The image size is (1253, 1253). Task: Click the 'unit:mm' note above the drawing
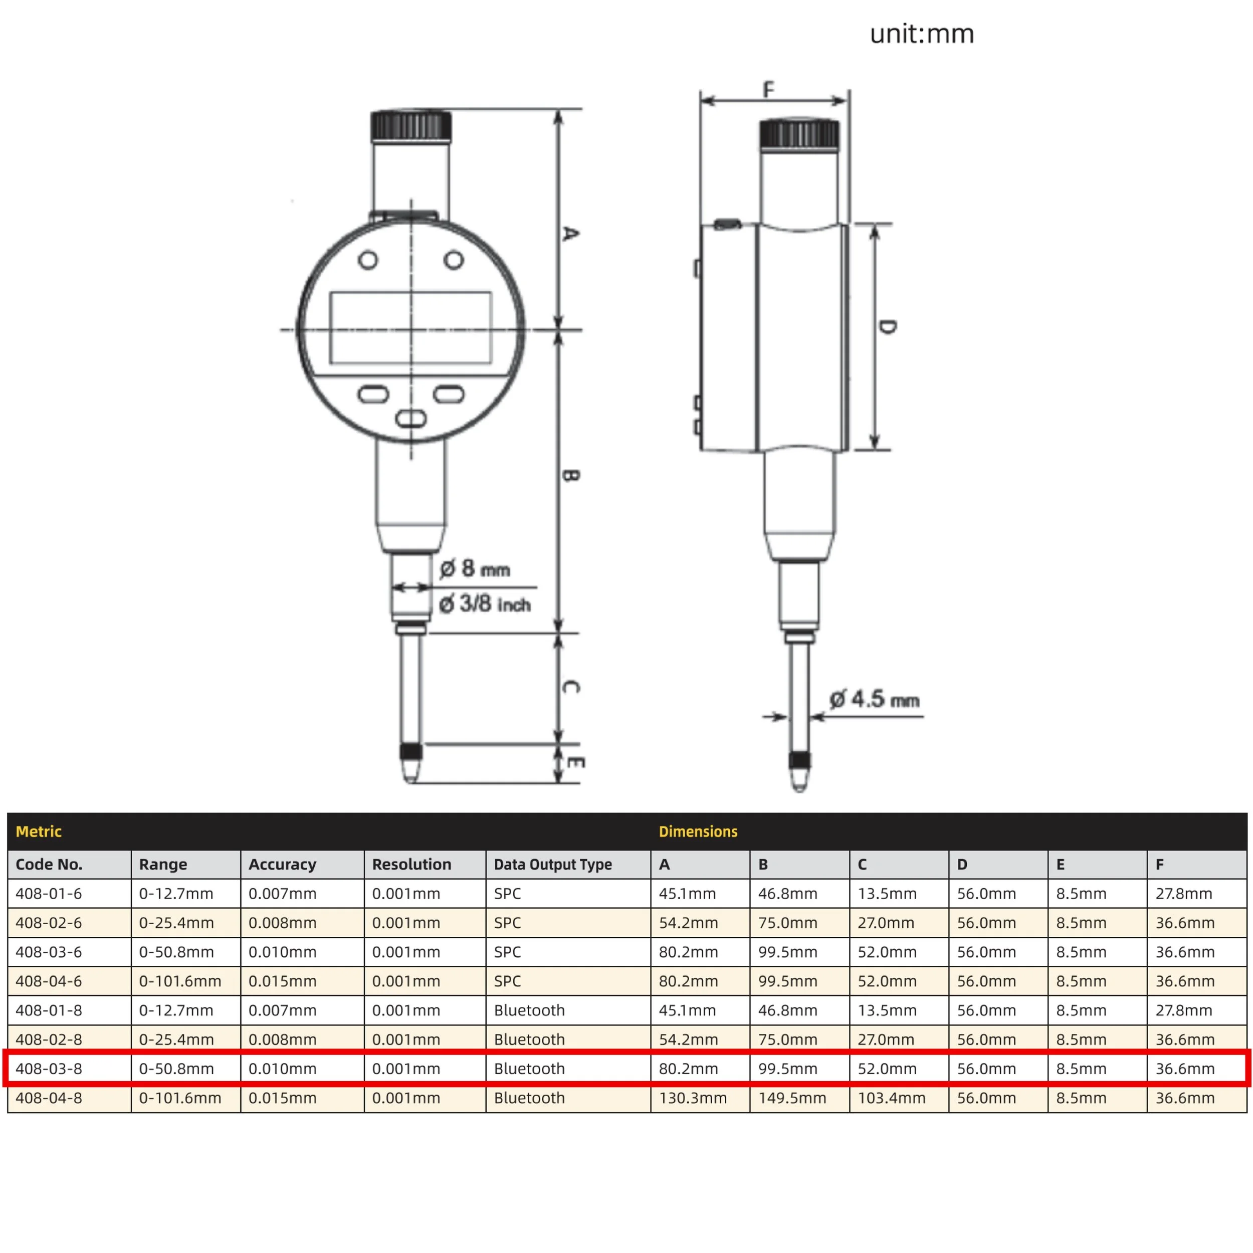point(922,34)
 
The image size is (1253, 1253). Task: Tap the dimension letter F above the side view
point(768,89)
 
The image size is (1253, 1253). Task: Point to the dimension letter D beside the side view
point(889,326)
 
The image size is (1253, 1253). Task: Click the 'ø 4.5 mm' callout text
point(874,699)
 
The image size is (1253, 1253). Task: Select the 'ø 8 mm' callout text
point(475,569)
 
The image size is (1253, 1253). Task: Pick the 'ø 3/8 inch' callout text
point(485,604)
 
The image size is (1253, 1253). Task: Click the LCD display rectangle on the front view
point(410,327)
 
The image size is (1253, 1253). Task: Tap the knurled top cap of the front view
point(411,126)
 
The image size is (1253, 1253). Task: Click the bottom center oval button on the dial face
point(410,419)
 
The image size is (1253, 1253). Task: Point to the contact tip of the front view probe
point(410,770)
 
